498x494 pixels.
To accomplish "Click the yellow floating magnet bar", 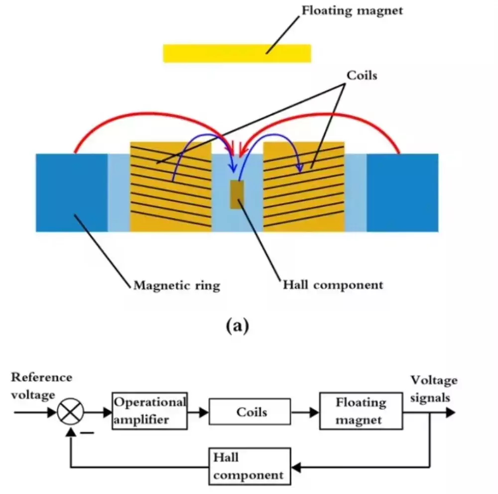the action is point(237,53).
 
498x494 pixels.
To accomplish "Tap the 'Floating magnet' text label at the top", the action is point(352,11).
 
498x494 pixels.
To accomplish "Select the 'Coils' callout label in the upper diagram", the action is point(362,75).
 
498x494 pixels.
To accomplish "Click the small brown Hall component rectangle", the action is point(237,194).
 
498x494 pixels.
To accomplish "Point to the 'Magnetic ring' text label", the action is point(177,285).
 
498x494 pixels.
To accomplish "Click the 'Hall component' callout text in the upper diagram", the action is point(333,285).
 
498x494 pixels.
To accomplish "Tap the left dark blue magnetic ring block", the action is point(72,193).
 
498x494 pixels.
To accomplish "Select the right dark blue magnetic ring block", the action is point(402,193).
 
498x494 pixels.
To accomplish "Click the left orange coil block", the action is point(171,187).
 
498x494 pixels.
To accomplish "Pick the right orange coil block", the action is point(304,187).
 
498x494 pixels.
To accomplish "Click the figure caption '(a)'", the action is point(237,326).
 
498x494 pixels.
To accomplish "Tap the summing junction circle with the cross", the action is point(71,412).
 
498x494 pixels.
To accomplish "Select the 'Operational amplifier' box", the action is point(149,411).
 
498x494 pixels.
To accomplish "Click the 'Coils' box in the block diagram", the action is point(249,412).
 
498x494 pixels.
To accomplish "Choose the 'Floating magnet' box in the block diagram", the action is point(361,411).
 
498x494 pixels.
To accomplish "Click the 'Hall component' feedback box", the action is point(249,466).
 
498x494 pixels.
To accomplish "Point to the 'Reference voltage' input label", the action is point(42,386).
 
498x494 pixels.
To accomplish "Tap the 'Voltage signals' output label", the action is point(434,388).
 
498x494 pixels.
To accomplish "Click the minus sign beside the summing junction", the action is point(87,433).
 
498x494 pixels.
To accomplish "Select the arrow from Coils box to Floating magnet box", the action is point(305,412).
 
